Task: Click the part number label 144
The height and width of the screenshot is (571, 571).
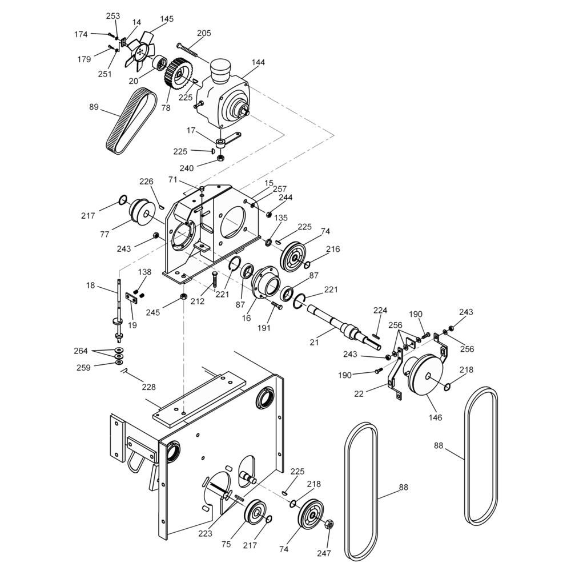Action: coord(258,62)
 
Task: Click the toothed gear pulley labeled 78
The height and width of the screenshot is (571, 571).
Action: coord(178,75)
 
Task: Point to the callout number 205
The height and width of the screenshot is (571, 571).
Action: coord(204,33)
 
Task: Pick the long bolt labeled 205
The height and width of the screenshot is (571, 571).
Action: coord(187,50)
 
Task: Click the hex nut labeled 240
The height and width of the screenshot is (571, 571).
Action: coord(220,158)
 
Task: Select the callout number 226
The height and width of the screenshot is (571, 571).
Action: coord(146,182)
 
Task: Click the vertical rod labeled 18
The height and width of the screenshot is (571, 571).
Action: coord(119,310)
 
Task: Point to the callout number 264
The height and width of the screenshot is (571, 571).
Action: coord(81,351)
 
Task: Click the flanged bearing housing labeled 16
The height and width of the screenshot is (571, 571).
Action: coord(266,283)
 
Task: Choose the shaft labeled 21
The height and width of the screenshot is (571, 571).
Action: coord(344,326)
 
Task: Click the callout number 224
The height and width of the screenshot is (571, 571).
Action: coord(380,310)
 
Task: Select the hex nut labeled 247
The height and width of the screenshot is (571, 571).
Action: coord(328,524)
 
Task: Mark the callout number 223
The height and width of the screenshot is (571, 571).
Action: coord(205,533)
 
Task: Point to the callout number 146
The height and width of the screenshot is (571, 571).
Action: coord(436,417)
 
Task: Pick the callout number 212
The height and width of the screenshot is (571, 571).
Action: coord(198,301)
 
